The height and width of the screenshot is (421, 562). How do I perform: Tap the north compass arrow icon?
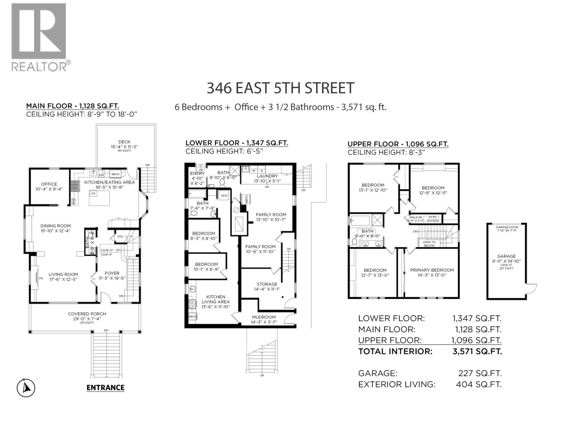(x=26, y=388)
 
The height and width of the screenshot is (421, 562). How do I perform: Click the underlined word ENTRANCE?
(x=105, y=388)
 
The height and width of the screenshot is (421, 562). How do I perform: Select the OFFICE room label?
(x=49, y=184)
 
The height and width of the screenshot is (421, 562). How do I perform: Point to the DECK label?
(x=124, y=142)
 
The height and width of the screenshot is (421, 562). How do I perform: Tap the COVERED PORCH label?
(x=87, y=314)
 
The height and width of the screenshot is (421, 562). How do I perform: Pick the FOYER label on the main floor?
(x=112, y=273)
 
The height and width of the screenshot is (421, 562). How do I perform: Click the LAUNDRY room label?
(x=267, y=176)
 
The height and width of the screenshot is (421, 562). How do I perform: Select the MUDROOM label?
(x=263, y=317)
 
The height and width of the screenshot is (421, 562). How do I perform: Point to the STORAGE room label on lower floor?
(x=267, y=284)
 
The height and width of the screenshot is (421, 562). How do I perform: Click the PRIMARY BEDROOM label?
(x=432, y=270)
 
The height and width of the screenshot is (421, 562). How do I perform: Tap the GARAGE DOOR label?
(x=507, y=227)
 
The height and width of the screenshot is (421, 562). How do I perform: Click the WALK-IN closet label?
(x=415, y=217)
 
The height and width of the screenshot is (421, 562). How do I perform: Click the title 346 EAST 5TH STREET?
(x=280, y=88)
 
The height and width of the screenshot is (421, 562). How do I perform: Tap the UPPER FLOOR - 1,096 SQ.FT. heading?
(x=398, y=144)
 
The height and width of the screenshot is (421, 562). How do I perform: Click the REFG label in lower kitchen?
(x=192, y=316)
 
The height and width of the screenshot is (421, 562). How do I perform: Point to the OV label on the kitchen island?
(x=93, y=193)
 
